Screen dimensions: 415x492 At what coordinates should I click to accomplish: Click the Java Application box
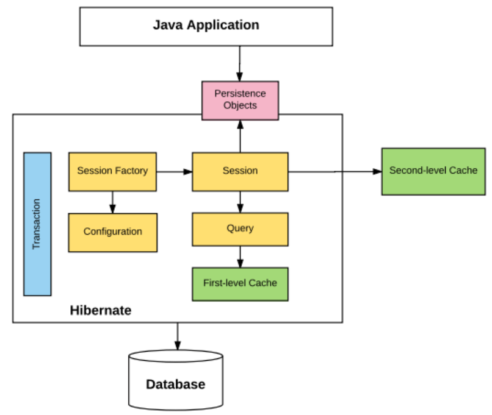[206, 26]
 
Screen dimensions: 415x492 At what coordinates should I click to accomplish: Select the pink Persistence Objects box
[240, 100]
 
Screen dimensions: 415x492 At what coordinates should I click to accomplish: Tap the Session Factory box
[112, 171]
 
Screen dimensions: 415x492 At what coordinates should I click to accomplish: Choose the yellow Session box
[240, 171]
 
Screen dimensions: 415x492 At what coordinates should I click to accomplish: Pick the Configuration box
[112, 232]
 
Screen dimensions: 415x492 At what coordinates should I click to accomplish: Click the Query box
[240, 229]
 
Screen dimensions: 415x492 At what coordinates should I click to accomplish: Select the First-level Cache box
[240, 283]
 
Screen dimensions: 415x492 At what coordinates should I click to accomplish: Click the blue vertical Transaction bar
[37, 224]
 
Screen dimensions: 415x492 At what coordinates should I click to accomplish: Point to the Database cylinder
[175, 381]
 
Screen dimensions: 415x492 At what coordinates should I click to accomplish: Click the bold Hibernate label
[100, 310]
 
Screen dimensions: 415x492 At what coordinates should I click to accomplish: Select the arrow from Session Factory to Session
[175, 172]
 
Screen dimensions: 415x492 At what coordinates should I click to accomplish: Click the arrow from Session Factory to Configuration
[112, 202]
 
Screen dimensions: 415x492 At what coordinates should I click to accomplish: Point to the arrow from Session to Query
[240, 202]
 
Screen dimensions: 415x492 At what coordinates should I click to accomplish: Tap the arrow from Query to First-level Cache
[240, 257]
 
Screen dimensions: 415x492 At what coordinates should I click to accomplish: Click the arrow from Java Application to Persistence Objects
[240, 63]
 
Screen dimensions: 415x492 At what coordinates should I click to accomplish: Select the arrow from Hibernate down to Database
[177, 336]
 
